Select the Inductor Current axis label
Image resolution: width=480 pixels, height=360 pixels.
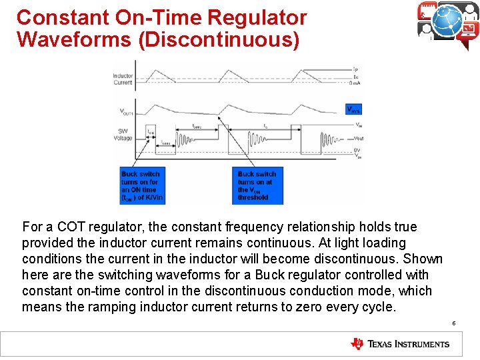point(123,79)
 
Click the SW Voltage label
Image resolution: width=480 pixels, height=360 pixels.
point(123,134)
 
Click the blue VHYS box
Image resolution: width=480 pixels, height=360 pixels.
point(353,109)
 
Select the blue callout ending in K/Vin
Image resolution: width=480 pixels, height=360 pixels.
point(141,185)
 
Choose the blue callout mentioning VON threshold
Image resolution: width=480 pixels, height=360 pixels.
point(257,185)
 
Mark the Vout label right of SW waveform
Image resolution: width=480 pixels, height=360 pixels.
point(358,138)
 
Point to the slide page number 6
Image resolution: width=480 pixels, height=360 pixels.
point(453,323)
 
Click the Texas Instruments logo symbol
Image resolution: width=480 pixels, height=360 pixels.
point(357,344)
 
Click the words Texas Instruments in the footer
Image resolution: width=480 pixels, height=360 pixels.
point(408,345)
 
